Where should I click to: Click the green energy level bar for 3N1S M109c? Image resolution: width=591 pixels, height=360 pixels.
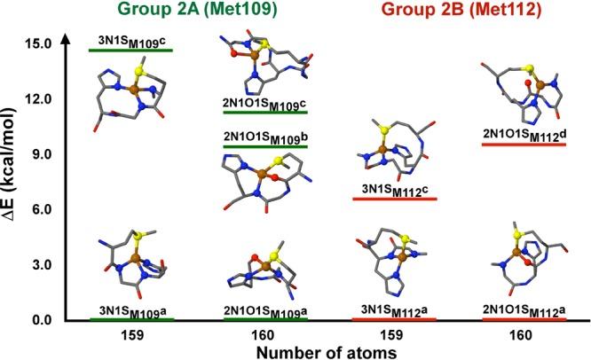tap(130, 51)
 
